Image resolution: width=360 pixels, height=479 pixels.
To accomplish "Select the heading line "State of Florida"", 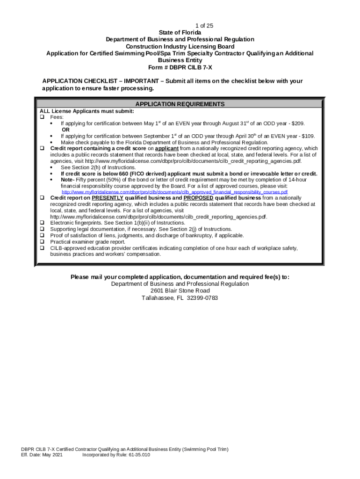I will pos(180,32).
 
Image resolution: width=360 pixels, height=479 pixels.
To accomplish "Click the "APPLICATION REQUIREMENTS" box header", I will pos(180,104).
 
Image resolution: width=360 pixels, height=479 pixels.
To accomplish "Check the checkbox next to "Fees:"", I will pos(42,117).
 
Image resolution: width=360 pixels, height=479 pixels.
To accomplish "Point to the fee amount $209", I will pos(298,123).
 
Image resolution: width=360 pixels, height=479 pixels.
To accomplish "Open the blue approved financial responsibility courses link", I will pos(175,192).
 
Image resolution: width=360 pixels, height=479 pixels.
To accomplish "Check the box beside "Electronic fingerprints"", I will pos(42,223).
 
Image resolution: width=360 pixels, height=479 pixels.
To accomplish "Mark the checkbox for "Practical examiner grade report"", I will pos(42,242).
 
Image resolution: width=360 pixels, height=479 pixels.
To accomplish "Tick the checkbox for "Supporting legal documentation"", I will pos(42,229).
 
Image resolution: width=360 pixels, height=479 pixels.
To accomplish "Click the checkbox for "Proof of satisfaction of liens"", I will pos(42,236).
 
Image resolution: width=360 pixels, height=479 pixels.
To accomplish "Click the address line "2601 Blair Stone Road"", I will pos(180,291).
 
